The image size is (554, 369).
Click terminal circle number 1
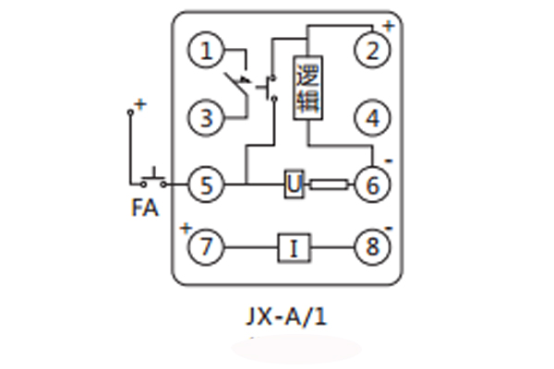pyautogui.click(x=207, y=52)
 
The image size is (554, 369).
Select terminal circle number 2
pyautogui.click(x=372, y=52)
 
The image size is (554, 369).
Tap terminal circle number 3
pyautogui.click(x=207, y=118)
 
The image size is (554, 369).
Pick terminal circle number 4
pyautogui.click(x=372, y=118)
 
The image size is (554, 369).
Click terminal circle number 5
pyautogui.click(x=207, y=185)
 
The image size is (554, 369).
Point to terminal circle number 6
pyautogui.click(x=372, y=185)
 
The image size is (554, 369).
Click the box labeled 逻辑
pyautogui.click(x=307, y=88)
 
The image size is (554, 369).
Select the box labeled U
pyautogui.click(x=294, y=185)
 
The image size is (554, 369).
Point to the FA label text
pyautogui.click(x=144, y=208)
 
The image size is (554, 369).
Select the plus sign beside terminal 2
pyautogui.click(x=388, y=26)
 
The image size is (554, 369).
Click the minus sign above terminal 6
pyautogui.click(x=389, y=162)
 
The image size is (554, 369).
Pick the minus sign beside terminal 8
pyautogui.click(x=389, y=228)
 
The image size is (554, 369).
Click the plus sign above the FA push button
pyautogui.click(x=140, y=104)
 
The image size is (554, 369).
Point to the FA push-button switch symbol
pyautogui.click(x=153, y=177)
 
